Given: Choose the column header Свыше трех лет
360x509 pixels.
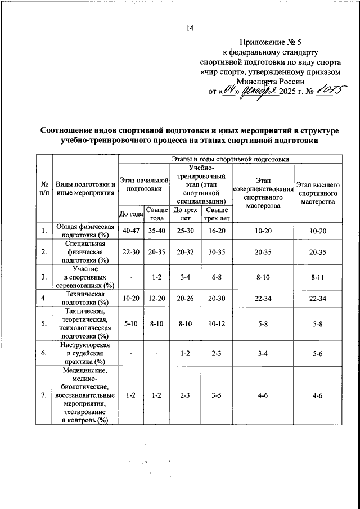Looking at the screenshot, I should (217, 214).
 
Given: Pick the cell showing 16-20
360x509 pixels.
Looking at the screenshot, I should (217, 231).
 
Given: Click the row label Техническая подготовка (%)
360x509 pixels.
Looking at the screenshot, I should (84, 298).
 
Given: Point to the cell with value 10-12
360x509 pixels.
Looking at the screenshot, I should (217, 323).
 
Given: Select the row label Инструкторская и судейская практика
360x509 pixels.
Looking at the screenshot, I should (84, 353).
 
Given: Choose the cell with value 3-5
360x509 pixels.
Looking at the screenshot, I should (217, 395).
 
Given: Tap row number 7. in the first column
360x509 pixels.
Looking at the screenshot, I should (43, 395).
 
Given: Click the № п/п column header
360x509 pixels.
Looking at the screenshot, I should (43, 188).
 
